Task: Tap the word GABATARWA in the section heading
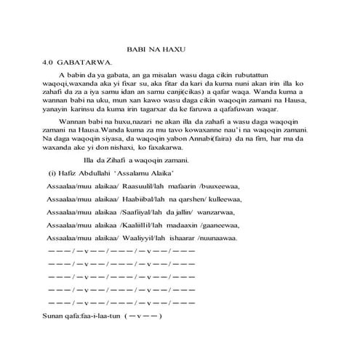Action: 92,63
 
